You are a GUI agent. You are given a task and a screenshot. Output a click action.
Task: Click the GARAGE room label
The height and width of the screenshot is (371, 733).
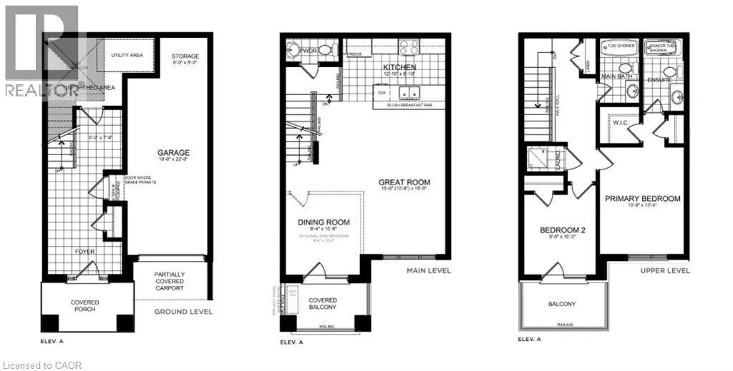(174, 152)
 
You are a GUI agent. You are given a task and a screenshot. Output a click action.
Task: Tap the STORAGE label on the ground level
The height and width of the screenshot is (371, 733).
(185, 56)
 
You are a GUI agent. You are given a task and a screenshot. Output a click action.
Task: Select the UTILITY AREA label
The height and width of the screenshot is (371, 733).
(129, 54)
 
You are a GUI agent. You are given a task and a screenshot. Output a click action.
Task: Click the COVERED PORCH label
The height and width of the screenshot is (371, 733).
(85, 307)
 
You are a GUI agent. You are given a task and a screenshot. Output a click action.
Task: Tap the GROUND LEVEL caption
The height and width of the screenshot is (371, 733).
(184, 312)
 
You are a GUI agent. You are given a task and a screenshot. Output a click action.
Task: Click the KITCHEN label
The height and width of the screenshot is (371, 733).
(389, 67)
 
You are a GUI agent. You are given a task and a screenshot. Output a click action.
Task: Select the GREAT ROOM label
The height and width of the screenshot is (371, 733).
(404, 182)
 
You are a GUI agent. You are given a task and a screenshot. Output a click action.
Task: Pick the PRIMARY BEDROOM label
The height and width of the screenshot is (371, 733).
(642, 199)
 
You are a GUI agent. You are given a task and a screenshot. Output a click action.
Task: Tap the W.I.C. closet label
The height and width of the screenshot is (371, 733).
(621, 122)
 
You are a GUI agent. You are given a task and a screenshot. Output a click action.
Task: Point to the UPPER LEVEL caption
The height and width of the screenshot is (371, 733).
(665, 271)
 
